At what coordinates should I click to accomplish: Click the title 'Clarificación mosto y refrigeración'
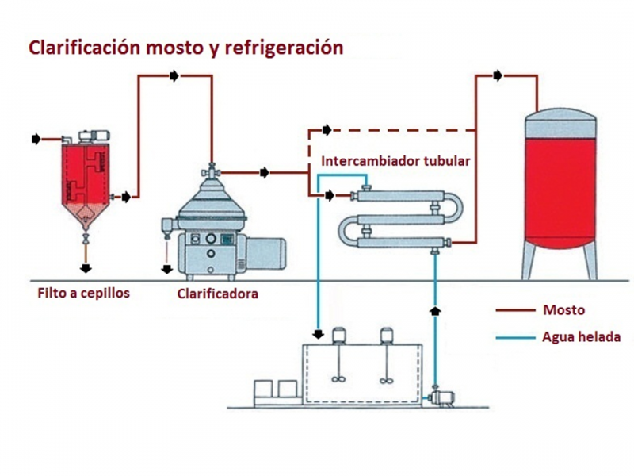pyautogui.click(x=186, y=47)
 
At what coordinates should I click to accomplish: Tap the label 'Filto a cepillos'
pyautogui.click(x=83, y=293)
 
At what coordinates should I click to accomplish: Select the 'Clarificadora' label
pyautogui.click(x=218, y=294)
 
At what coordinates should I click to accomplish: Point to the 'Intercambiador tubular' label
pyautogui.click(x=395, y=161)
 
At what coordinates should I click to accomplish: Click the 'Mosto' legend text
pyautogui.click(x=563, y=309)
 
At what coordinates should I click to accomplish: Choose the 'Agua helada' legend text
pyautogui.click(x=581, y=337)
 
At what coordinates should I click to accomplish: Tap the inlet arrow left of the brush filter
pyautogui.click(x=36, y=139)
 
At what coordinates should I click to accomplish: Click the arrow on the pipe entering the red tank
pyautogui.click(x=497, y=75)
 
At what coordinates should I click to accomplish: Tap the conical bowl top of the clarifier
pyautogui.click(x=211, y=198)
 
